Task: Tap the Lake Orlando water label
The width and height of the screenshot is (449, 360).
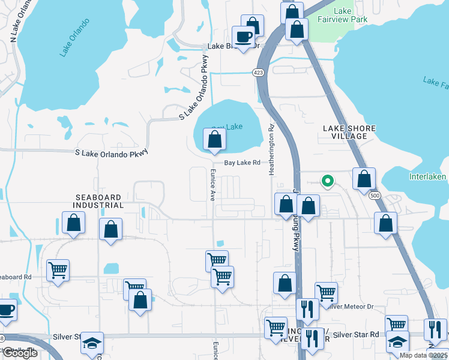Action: (74, 38)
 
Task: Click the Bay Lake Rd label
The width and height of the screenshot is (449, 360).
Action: (242, 163)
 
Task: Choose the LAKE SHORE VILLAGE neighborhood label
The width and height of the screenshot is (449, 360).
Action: (349, 132)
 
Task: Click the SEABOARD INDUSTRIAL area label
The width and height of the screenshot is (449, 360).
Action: (99, 201)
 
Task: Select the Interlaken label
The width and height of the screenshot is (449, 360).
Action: (427, 177)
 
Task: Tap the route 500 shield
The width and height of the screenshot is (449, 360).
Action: (375, 196)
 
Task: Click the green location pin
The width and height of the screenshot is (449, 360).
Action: (327, 179)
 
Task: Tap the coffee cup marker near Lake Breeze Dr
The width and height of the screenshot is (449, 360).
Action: (244, 37)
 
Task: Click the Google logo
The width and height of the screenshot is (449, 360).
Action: (20, 353)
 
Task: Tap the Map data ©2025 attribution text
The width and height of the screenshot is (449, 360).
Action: (423, 355)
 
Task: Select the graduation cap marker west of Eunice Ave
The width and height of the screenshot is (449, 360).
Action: (92, 343)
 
